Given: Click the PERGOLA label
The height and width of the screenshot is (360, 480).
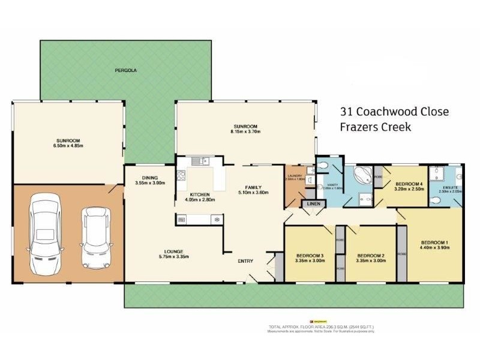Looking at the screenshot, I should click(127, 71).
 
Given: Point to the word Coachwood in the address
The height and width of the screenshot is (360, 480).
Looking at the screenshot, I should click(388, 112).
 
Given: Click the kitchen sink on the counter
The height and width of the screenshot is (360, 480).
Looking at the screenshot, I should click(200, 160).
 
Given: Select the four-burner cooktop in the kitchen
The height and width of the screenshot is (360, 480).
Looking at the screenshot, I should click(181, 175).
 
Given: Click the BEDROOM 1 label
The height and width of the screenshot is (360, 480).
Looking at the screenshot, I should click(434, 241).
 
